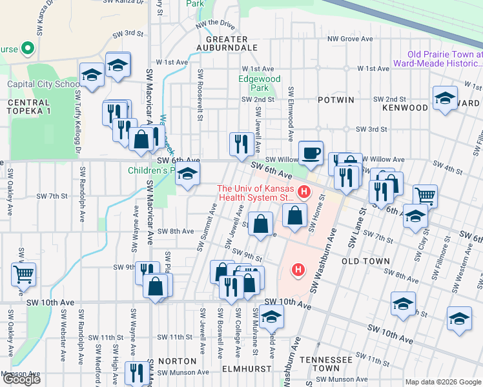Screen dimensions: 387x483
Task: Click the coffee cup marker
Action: coord(311,152)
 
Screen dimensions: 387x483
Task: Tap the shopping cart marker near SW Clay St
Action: coord(425,195)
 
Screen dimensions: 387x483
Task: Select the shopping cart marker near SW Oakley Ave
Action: coord(23,274)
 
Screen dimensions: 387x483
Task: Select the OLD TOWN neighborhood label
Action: coord(365,261)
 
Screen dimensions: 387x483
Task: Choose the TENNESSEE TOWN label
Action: coord(329,363)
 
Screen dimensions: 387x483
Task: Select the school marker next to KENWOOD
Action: coord(444,99)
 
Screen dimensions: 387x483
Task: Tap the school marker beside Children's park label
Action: coord(187,174)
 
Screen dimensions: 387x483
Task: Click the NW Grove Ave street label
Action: coord(350,39)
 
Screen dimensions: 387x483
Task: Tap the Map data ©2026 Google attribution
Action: coord(442,382)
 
